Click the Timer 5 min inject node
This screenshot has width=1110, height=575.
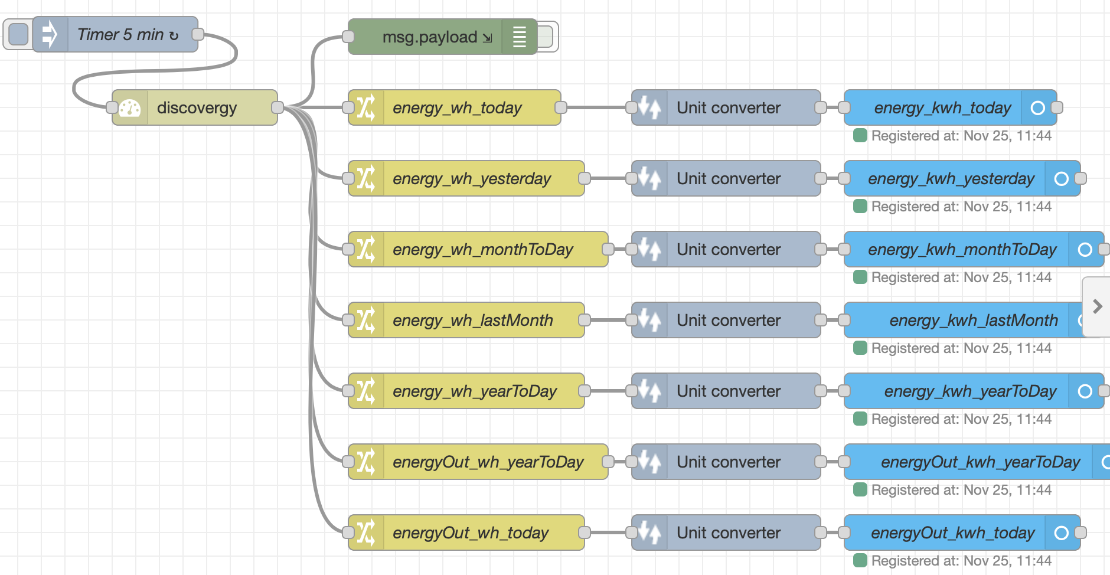[127, 35]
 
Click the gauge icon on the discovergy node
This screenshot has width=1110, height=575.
[130, 108]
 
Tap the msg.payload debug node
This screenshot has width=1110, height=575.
[430, 37]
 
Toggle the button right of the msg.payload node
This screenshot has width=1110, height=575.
[547, 37]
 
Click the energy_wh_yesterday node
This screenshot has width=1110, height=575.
[471, 178]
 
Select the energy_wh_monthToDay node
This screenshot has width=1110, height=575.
[482, 249]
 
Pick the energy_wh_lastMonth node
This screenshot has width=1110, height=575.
[472, 320]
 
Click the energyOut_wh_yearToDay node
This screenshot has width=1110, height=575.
[488, 462]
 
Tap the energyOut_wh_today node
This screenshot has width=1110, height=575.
[471, 532]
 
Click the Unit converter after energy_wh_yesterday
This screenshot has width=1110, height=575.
[728, 178]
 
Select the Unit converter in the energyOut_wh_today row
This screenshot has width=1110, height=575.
[728, 532]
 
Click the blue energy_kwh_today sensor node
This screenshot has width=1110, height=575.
[942, 107]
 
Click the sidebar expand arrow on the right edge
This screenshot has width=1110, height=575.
[1097, 306]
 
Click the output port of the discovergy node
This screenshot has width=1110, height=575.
[277, 107]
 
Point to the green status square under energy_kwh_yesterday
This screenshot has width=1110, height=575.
[860, 206]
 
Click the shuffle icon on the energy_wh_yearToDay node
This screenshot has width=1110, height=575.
[366, 391]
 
